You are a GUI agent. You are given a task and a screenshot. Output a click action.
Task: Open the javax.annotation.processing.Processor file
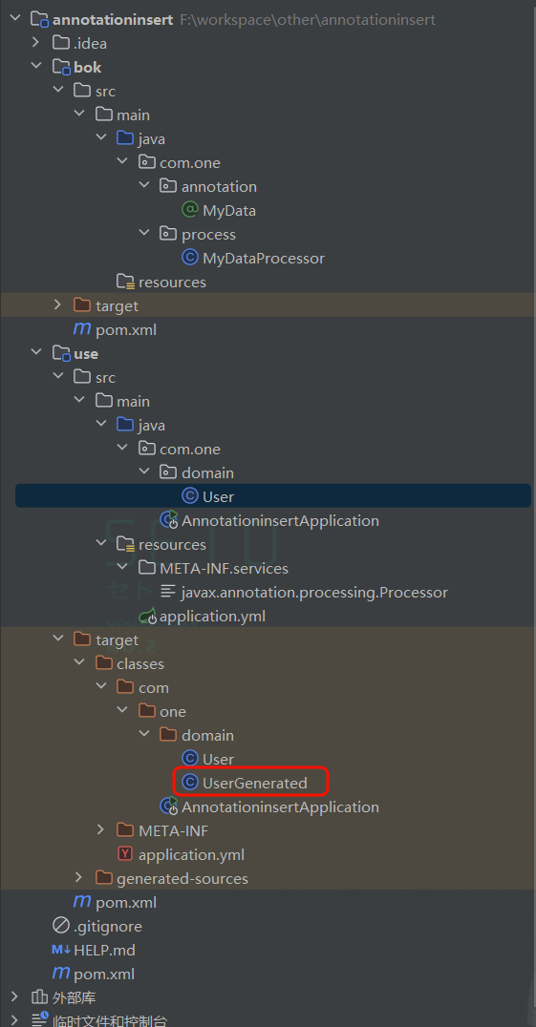coord(304,592)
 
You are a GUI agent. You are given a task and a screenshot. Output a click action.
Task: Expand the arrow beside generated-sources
coord(78,878)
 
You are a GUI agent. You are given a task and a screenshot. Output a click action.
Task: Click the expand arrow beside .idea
coord(35,43)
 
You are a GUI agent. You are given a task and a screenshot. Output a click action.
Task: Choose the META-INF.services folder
coord(214,568)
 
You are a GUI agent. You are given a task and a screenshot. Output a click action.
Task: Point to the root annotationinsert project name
coord(114,20)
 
